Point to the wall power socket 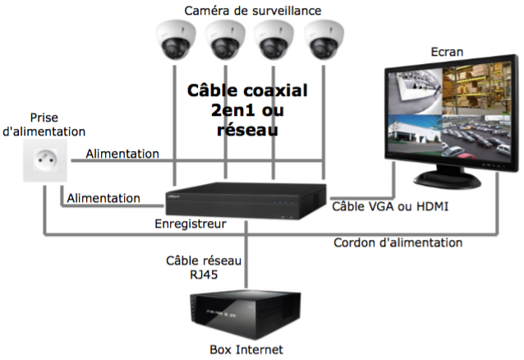pyautogui.click(x=44, y=159)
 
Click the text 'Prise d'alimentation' pyautogui.click(x=44, y=125)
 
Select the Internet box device pyautogui.click(x=246, y=312)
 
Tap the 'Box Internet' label pyautogui.click(x=246, y=349)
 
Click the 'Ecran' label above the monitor pyautogui.click(x=447, y=53)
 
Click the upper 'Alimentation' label pyautogui.click(x=122, y=154)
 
